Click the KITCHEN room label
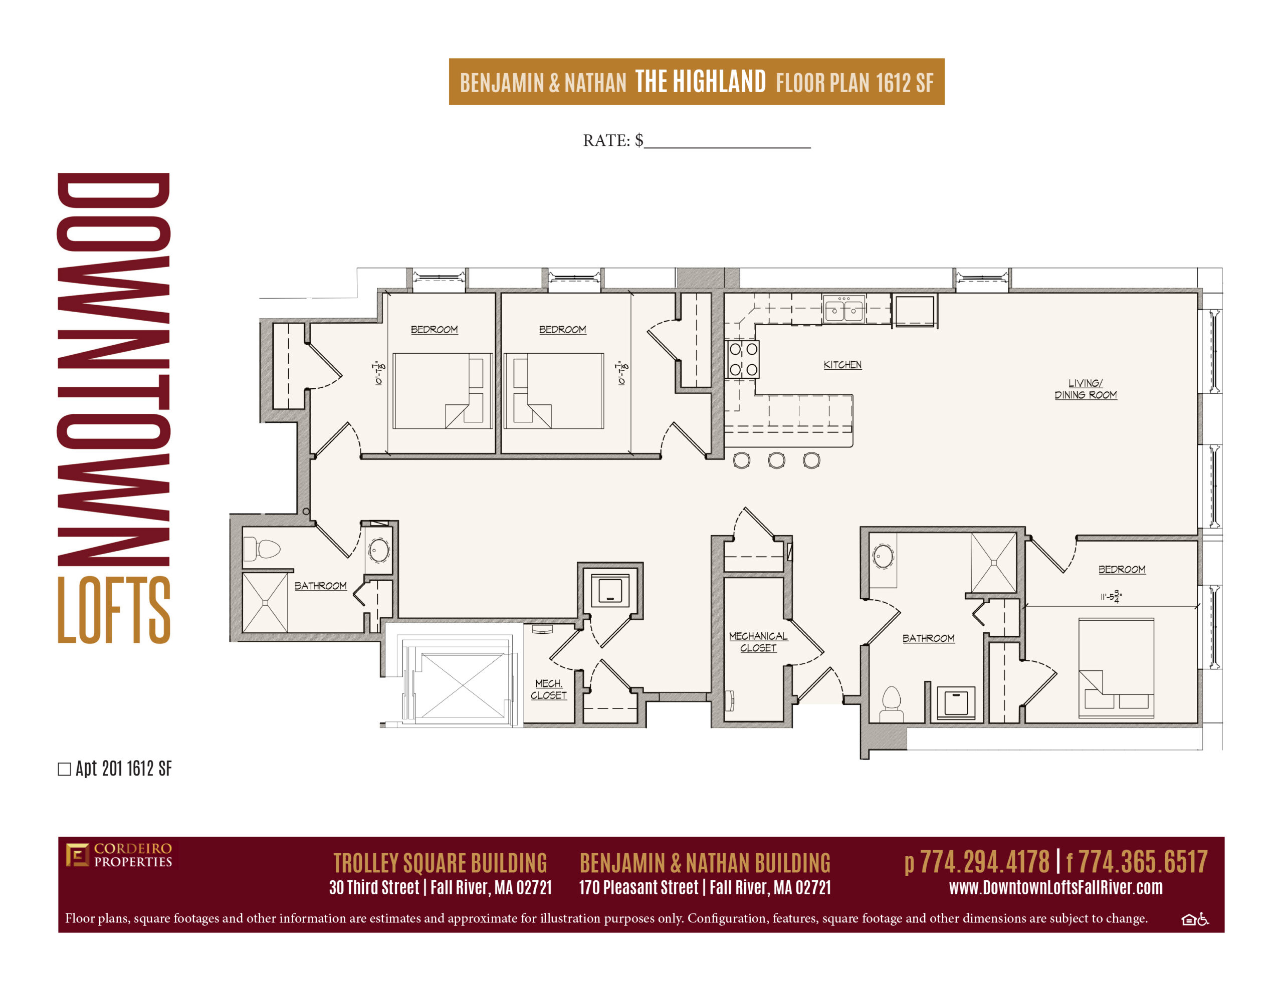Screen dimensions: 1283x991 842,365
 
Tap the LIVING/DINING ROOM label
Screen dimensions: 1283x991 1085,389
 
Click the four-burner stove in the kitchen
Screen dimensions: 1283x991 743,359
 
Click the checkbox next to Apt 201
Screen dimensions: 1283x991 65,769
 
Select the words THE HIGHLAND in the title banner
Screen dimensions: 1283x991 700,81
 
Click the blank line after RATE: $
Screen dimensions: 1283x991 727,147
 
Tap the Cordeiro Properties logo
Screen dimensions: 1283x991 119,855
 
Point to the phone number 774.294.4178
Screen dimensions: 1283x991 984,862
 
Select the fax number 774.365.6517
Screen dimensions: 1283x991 1143,862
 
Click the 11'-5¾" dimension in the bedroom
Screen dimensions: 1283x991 1111,597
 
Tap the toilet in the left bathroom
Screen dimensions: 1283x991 262,549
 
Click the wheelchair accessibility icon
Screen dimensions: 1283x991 1203,919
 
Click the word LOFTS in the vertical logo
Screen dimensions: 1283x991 114,609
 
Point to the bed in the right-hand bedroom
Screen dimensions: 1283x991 1116,668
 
